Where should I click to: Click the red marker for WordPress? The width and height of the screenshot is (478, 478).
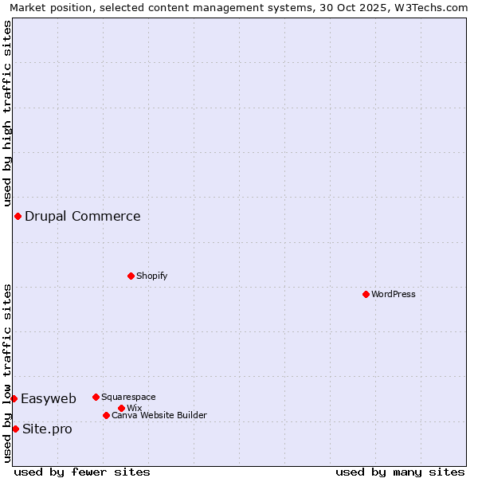[x=366, y=294]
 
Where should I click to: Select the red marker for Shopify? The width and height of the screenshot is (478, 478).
[x=131, y=276]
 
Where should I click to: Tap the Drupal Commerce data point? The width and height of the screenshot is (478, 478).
[x=18, y=216]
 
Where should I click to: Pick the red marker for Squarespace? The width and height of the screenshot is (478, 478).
[x=96, y=397]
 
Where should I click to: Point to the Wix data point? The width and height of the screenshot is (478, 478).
[x=121, y=408]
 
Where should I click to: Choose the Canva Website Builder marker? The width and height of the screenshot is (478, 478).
[x=106, y=415]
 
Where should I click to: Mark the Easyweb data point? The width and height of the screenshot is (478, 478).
[x=14, y=398]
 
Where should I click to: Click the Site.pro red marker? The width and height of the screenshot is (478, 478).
[x=15, y=429]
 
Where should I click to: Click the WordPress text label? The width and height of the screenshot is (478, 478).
[x=394, y=294]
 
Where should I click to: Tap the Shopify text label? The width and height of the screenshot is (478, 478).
[x=151, y=276]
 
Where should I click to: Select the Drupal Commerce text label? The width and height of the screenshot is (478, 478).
[x=83, y=216]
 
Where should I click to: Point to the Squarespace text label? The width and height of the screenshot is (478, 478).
[x=128, y=397]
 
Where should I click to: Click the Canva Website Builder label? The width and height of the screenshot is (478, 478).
[x=159, y=415]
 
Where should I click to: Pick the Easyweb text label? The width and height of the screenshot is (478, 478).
[x=49, y=398]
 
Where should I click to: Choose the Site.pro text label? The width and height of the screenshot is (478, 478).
[x=47, y=429]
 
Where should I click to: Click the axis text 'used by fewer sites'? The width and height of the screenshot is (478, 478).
[x=82, y=472]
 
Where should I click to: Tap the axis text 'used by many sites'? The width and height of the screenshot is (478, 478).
[x=400, y=472]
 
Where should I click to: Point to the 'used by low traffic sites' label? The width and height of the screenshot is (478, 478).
[x=7, y=373]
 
